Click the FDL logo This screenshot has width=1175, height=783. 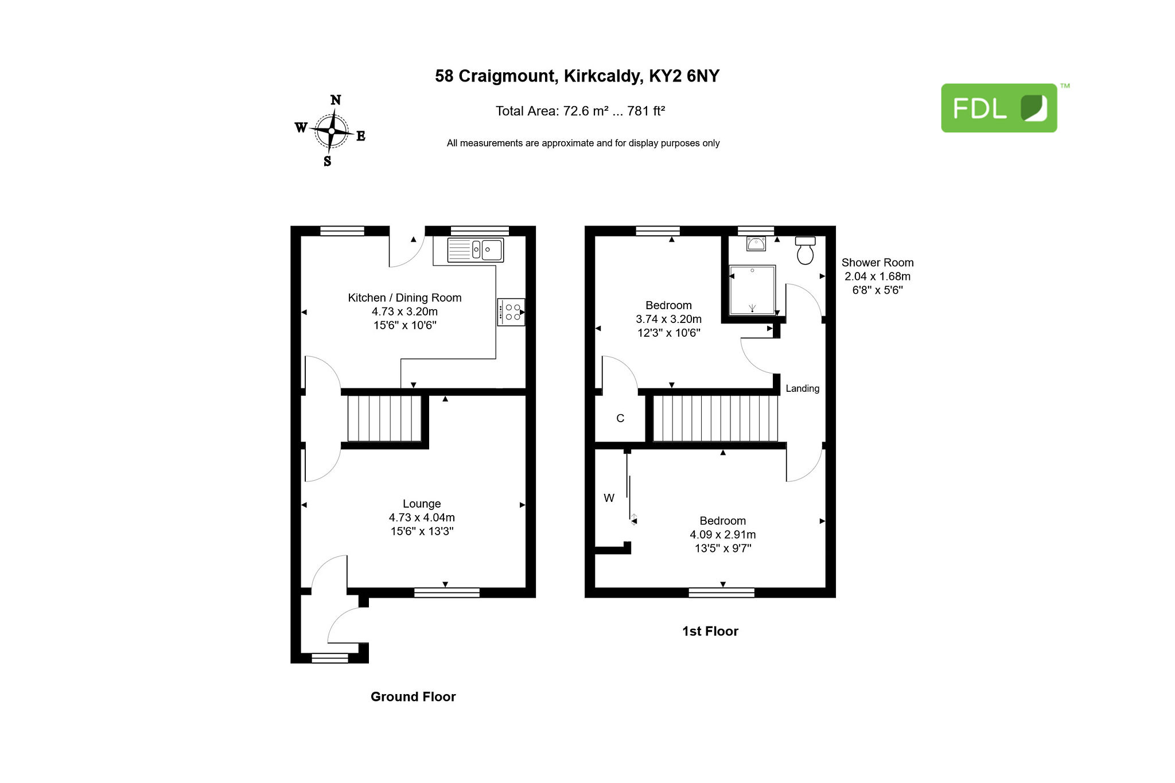[999, 108]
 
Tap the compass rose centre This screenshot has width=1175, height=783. [332, 131]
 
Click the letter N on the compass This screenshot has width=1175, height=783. [336, 100]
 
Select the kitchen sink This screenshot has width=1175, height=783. [476, 250]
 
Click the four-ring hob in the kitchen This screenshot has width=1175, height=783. [511, 312]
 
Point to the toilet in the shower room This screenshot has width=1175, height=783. [806, 250]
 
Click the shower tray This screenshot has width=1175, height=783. [752, 290]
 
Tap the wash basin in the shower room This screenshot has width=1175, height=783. [756, 244]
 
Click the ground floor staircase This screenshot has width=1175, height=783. [384, 418]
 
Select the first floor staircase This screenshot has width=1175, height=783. [715, 419]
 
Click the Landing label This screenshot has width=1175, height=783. [803, 388]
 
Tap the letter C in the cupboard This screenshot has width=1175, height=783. [620, 418]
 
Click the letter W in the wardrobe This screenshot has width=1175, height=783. [609, 498]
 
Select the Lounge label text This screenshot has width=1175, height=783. [422, 504]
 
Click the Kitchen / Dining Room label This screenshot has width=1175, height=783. [404, 298]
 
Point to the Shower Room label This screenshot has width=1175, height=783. [878, 263]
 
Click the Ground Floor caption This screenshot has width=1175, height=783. [413, 696]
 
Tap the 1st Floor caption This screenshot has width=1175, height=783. [710, 631]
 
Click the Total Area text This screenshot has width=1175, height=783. [580, 111]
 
